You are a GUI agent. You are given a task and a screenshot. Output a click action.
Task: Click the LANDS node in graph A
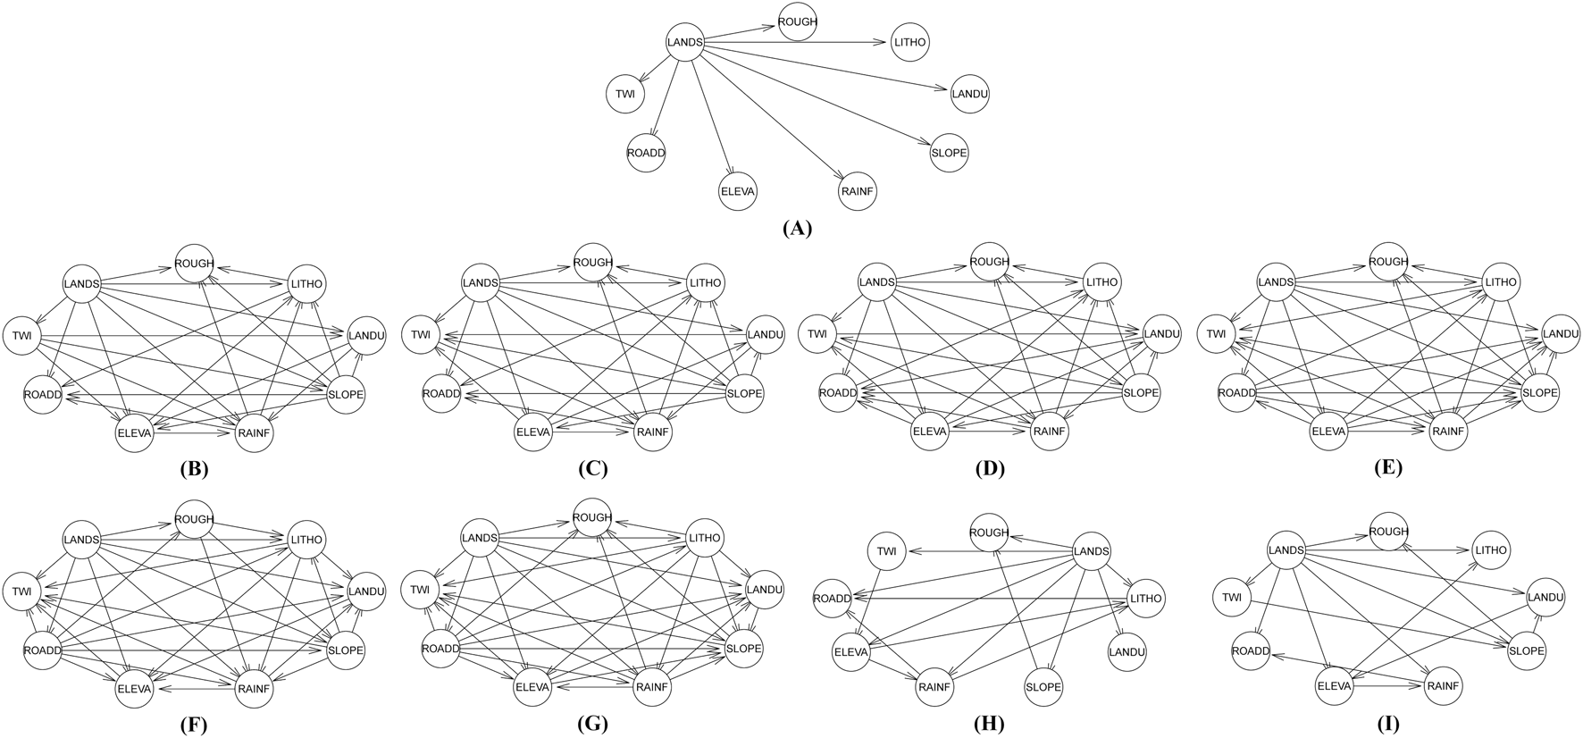(x=685, y=42)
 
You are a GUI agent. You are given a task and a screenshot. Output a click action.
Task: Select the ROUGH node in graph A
(x=798, y=22)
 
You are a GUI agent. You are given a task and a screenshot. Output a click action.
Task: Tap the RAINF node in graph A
(x=857, y=190)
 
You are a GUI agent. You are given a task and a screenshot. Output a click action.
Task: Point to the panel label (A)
(x=797, y=229)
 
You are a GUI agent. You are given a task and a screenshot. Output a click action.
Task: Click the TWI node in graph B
(x=21, y=335)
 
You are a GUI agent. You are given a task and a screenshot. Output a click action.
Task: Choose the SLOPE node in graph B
(x=347, y=394)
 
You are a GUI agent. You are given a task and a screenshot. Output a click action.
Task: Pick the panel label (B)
(x=194, y=468)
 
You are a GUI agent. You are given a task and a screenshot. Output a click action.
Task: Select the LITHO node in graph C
(x=705, y=284)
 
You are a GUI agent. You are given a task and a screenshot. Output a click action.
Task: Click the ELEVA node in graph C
(x=533, y=433)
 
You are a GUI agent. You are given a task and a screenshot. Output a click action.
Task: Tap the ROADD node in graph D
(x=838, y=393)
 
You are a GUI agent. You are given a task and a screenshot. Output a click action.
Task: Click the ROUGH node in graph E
(x=1388, y=263)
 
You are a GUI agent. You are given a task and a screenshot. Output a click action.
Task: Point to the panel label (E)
(x=1390, y=468)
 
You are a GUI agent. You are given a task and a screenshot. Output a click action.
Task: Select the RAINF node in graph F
(x=253, y=689)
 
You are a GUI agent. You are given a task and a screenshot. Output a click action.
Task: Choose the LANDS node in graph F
(x=81, y=540)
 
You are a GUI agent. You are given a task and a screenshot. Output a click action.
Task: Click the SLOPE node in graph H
(x=1043, y=687)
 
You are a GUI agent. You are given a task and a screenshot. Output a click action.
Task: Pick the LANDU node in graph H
(x=1127, y=652)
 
